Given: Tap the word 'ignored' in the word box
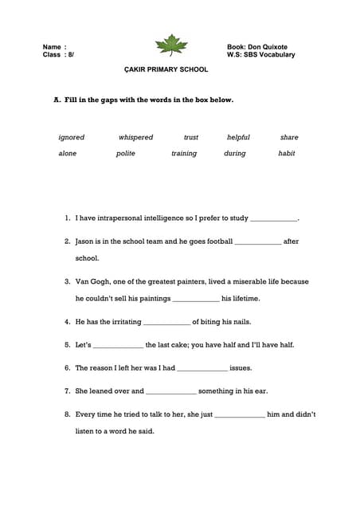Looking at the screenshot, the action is (71, 138).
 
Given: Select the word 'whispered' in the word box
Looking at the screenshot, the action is (135, 138).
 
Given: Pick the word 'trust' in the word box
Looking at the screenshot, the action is (191, 138).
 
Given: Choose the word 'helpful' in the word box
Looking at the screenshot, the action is (238, 138).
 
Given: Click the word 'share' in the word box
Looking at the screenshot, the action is (289, 138).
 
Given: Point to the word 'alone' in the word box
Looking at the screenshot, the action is (68, 154).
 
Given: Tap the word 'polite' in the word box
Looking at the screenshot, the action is (126, 154).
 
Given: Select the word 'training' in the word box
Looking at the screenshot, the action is (184, 154).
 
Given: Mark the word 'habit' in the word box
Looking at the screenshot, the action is (287, 154).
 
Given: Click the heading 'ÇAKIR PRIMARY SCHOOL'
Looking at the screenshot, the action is (166, 70).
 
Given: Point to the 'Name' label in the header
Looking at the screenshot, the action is (52, 47).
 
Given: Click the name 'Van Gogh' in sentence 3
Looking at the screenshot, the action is (92, 281).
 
